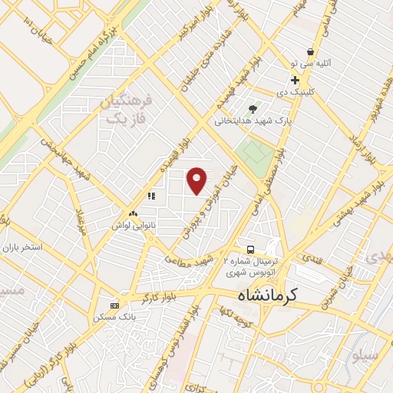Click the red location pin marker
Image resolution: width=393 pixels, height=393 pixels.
click(x=197, y=180)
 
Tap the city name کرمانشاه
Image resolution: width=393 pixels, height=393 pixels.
click(x=265, y=294)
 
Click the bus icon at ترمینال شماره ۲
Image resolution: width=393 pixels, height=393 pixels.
click(x=251, y=249)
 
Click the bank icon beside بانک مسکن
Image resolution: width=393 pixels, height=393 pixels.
click(x=114, y=305)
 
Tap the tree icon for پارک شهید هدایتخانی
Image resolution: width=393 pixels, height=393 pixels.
click(x=253, y=108)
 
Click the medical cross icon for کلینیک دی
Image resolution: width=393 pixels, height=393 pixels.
click(x=295, y=81)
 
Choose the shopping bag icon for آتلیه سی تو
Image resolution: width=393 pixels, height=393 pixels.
click(x=309, y=52)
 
